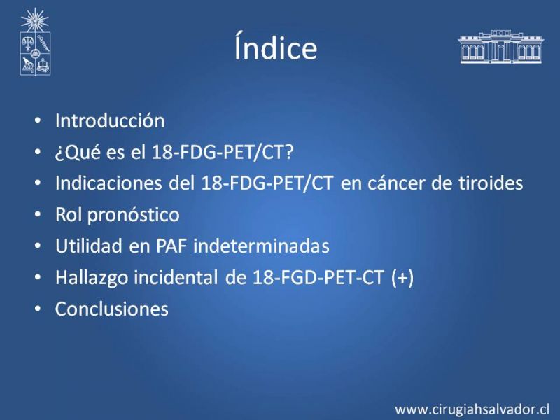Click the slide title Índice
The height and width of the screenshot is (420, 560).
[x=276, y=46]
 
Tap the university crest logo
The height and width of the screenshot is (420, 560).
[x=35, y=42]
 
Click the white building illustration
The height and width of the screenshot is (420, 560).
[x=500, y=47]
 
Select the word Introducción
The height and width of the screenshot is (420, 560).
[x=110, y=120]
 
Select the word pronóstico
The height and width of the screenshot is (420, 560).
[x=133, y=216]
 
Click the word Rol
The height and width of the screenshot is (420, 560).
[x=68, y=215]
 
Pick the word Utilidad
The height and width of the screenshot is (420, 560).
[x=89, y=246]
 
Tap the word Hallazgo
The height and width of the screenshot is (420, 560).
[x=92, y=278]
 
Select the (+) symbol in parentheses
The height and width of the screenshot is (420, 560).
[x=403, y=277]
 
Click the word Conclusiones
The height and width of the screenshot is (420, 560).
[x=112, y=309]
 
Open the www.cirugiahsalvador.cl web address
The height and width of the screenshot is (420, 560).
[x=472, y=409]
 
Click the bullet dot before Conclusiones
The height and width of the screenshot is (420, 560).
[x=38, y=309]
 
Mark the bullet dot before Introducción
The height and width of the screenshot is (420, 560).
[x=38, y=120]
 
